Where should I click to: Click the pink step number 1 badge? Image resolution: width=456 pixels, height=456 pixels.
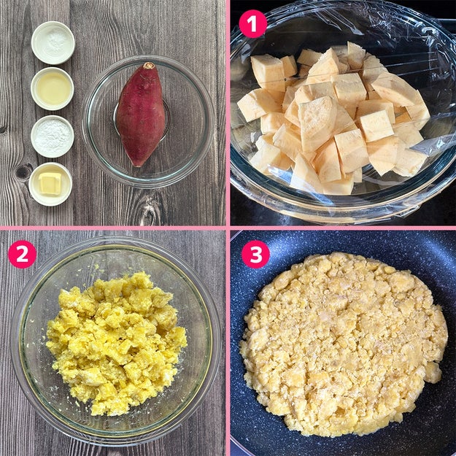(252, 24)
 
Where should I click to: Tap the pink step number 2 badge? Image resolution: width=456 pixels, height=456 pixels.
(22, 255)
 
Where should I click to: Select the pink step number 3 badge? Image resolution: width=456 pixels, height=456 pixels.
(255, 254)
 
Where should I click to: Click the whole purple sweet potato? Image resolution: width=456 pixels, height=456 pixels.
(141, 114)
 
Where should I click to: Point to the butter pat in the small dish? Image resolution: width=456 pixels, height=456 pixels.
(50, 183)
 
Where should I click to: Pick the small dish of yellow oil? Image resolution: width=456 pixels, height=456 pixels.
(53, 89)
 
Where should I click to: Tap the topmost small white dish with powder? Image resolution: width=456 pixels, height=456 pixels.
(53, 43)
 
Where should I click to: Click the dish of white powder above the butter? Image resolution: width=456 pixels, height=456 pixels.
(53, 136)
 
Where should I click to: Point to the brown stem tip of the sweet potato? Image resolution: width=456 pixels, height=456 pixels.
(149, 65)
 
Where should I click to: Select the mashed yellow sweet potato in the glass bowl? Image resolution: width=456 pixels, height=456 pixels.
(116, 343)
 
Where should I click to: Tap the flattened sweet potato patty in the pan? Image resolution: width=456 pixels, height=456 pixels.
(343, 344)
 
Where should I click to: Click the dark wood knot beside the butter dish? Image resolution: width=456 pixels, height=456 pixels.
(23, 172)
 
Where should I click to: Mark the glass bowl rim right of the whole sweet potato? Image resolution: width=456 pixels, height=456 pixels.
(210, 122)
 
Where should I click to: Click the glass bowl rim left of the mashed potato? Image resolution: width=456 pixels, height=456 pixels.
(16, 343)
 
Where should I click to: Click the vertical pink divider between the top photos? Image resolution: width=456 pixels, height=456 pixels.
(228, 112)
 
